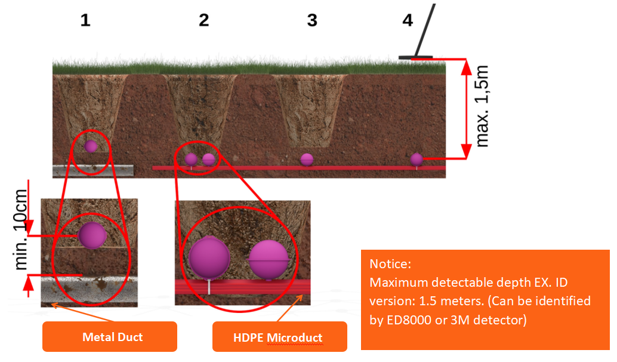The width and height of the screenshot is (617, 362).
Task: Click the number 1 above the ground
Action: pos(85,20)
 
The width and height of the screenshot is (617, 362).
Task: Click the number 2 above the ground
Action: pos(204,20)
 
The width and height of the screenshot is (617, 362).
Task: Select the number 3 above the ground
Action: pos(311,20)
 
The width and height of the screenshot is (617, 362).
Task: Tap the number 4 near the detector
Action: pos(408,20)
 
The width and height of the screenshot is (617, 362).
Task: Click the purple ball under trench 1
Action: pos(91,146)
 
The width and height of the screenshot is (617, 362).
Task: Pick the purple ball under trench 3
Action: pos(307,159)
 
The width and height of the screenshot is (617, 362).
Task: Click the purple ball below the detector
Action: pos(417,159)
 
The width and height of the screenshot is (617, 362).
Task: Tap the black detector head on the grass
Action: pos(416,58)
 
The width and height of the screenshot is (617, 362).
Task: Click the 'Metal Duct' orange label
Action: pos(112,337)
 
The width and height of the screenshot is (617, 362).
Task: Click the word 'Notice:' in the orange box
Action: pos(390,264)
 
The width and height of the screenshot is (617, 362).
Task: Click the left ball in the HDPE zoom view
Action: pos(209,257)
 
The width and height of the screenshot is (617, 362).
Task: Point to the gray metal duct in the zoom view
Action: pos(90,290)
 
